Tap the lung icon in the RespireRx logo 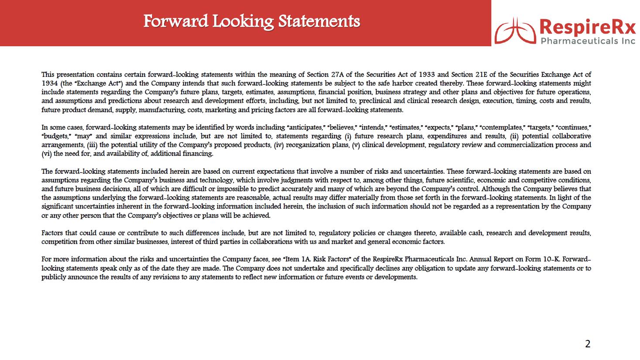click(516, 30)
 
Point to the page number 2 click(588, 344)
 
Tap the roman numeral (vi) click(46, 154)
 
